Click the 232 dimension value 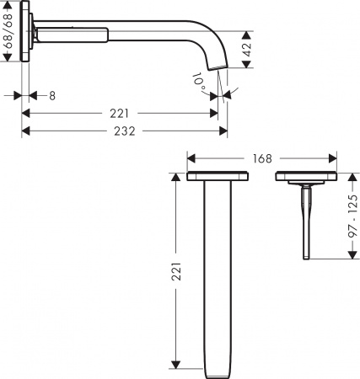click(x=125, y=131)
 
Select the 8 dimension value click(x=51, y=96)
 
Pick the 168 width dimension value click(x=262, y=157)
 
